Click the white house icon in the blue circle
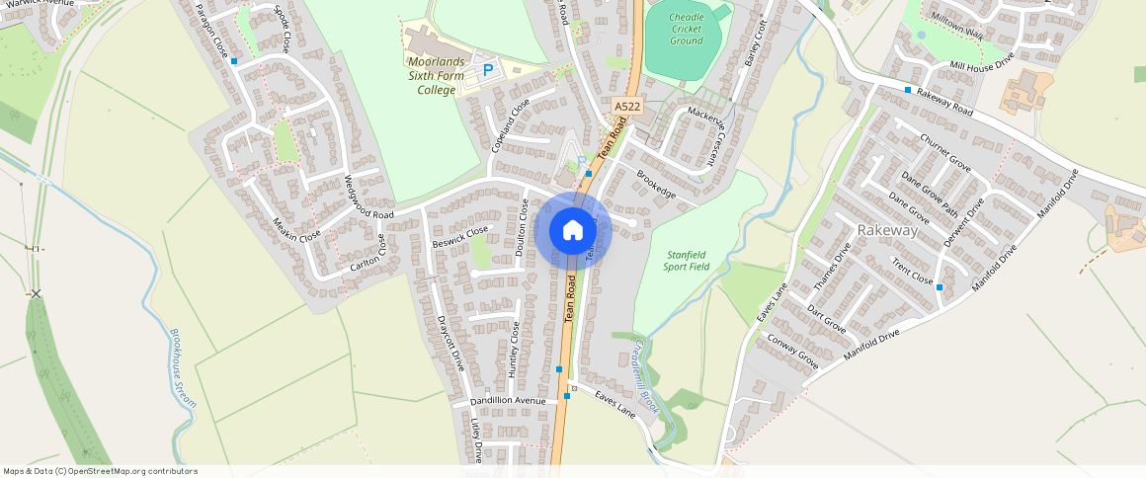click(x=573, y=231)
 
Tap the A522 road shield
click(x=626, y=107)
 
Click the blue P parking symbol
click(x=487, y=71)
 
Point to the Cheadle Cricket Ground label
click(x=686, y=29)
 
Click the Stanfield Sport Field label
click(x=688, y=261)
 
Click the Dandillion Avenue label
click(x=508, y=401)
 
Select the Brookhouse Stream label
click(x=184, y=367)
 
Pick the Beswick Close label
click(x=460, y=236)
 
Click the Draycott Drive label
click(x=450, y=343)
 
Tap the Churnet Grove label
click(x=945, y=153)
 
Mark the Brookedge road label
click(x=656, y=185)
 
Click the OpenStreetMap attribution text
click(x=100, y=471)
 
